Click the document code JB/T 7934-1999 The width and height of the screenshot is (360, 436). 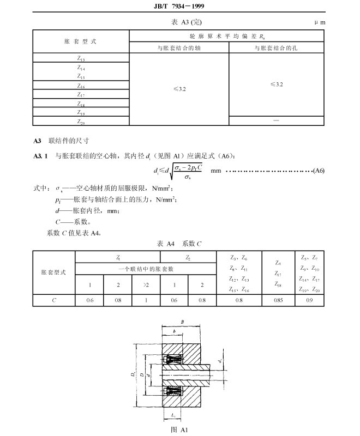[179, 7]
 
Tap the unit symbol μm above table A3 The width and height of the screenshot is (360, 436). [321, 23]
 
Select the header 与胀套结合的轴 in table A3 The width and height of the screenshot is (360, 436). [178, 48]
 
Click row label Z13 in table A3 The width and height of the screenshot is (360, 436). [81, 58]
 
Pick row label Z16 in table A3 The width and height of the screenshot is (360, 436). [81, 86]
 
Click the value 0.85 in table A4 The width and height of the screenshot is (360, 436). [278, 300]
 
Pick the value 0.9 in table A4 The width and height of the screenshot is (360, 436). [310, 300]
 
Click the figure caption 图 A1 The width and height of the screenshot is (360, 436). [179, 430]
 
